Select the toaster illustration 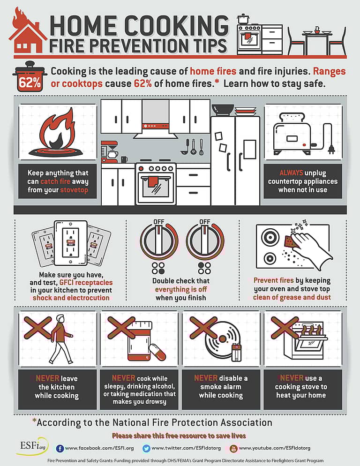pyautogui.click(x=294, y=134)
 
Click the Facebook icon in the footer pyautogui.click(x=60, y=448)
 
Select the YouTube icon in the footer pyautogui.click(x=233, y=448)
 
